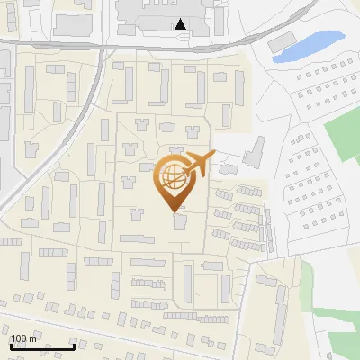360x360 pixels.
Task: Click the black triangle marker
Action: [x=181, y=24]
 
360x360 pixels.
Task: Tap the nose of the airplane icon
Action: [x=215, y=157]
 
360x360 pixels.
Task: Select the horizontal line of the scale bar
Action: [x=42, y=346]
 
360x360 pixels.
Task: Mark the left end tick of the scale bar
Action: [x=11, y=345]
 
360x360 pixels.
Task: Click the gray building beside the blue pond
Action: [x=283, y=42]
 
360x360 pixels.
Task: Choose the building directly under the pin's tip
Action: [x=181, y=221]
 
